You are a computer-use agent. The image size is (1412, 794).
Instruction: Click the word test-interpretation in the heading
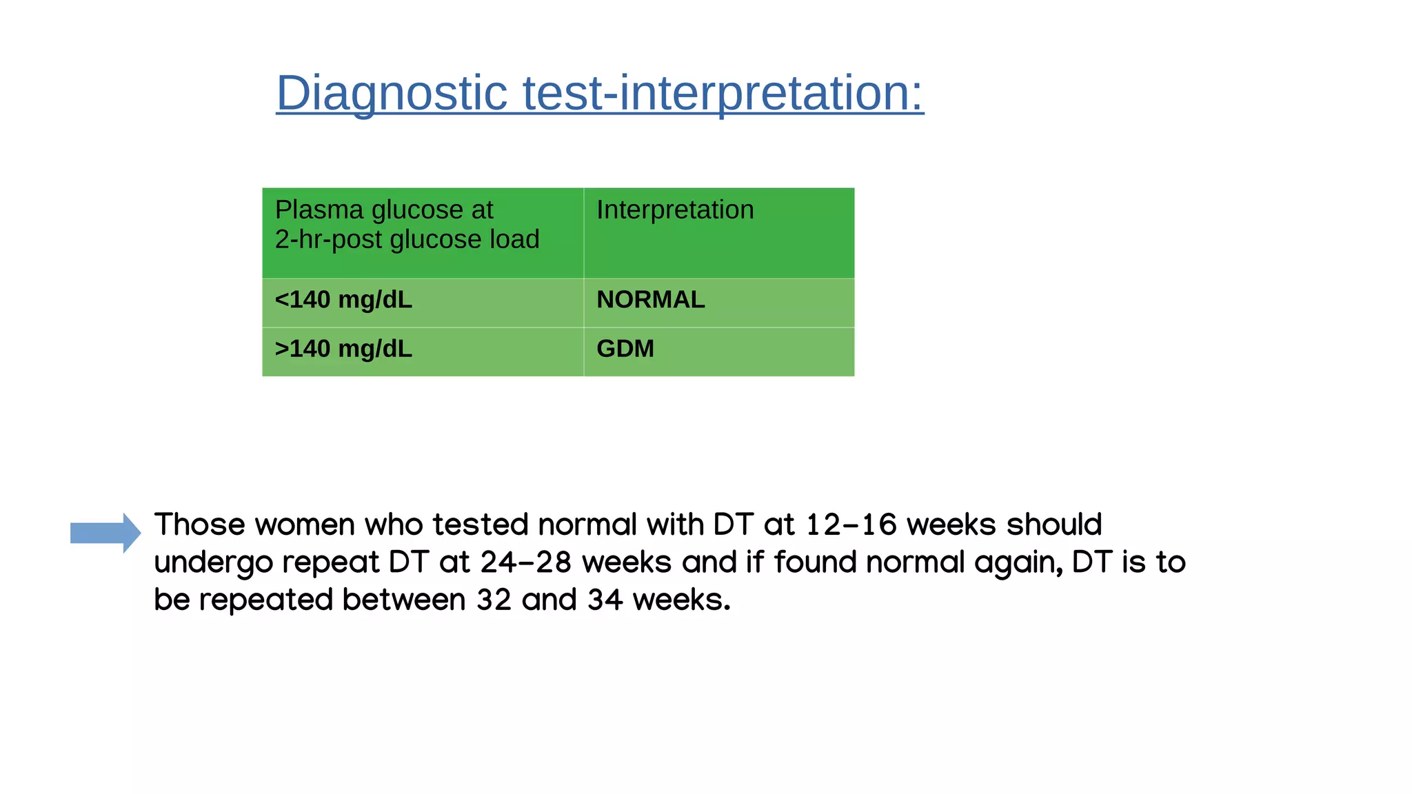click(x=723, y=93)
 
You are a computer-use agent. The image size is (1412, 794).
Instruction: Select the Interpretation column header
click(x=675, y=210)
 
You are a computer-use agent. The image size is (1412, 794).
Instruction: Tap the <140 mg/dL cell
click(x=343, y=300)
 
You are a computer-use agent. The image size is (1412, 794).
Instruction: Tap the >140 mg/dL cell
click(x=343, y=349)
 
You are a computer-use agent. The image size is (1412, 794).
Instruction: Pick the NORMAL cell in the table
click(x=650, y=300)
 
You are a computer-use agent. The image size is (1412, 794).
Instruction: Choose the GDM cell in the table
click(x=625, y=349)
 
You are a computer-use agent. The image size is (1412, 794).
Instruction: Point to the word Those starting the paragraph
click(x=199, y=525)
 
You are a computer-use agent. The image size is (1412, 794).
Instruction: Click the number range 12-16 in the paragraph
click(x=851, y=525)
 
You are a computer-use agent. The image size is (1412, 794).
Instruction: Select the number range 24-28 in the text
click(x=526, y=562)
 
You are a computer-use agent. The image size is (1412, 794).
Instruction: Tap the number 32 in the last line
click(x=494, y=600)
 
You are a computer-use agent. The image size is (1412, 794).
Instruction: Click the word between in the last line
click(x=404, y=600)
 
